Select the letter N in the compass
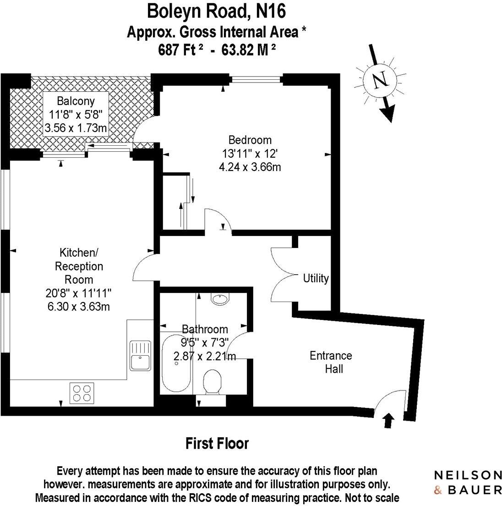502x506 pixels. click(380, 81)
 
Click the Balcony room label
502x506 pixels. click(76, 101)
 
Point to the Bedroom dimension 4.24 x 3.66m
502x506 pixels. click(250, 167)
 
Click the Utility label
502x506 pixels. click(316, 278)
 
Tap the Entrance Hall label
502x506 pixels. click(331, 362)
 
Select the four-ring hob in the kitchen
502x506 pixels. click(82, 392)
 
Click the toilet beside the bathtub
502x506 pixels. click(213, 382)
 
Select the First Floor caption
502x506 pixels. click(217, 444)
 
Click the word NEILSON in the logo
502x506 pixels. click(468, 474)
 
